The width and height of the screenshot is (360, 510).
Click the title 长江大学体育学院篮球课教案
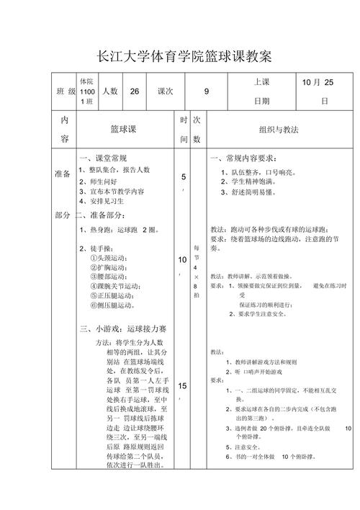tap(179, 57)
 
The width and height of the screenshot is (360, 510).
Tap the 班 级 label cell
tap(66, 91)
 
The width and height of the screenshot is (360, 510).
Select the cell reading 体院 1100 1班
tap(86, 91)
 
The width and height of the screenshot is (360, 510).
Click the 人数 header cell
tap(109, 91)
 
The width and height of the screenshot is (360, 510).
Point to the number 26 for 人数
tap(135, 91)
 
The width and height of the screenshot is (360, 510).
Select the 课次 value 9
tap(207, 91)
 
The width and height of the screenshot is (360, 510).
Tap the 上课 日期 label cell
tap(261, 91)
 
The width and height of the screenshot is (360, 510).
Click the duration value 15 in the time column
tap(183, 385)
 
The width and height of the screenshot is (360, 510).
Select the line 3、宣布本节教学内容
tap(112, 192)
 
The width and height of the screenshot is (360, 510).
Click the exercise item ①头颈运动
tap(108, 258)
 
